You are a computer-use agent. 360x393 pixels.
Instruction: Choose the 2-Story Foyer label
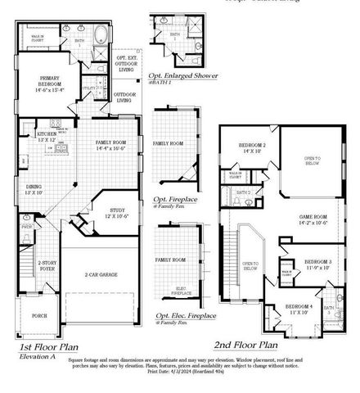pyautogui.click(x=47, y=264)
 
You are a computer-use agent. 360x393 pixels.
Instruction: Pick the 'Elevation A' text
pyautogui.click(x=38, y=356)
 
